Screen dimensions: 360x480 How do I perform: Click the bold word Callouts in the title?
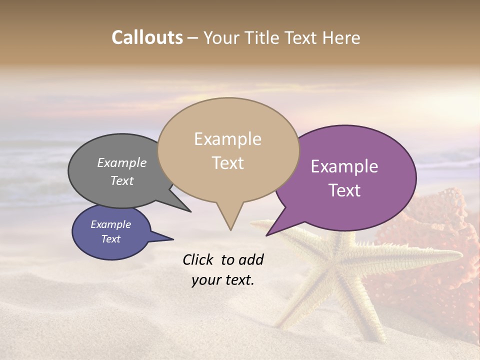click(147, 37)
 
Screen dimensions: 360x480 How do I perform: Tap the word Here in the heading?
click(341, 37)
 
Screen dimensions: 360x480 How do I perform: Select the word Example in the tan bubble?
click(227, 139)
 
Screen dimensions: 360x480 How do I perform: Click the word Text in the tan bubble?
click(227, 163)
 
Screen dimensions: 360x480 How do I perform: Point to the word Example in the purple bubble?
click(344, 166)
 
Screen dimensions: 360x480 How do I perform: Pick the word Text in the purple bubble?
click(344, 190)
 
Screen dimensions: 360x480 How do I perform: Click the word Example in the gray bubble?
click(121, 163)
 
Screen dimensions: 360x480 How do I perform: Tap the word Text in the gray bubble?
click(121, 180)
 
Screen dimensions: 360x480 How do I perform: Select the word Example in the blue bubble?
click(110, 224)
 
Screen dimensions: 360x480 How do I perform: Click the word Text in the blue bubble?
click(110, 239)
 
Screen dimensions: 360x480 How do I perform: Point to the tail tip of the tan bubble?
click(230, 229)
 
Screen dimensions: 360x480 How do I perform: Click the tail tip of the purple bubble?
click(267, 235)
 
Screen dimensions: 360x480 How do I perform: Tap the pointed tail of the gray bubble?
click(189, 211)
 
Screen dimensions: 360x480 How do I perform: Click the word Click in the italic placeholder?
click(198, 260)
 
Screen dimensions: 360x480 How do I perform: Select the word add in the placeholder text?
click(251, 260)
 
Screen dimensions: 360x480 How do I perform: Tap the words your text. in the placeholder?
click(223, 280)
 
